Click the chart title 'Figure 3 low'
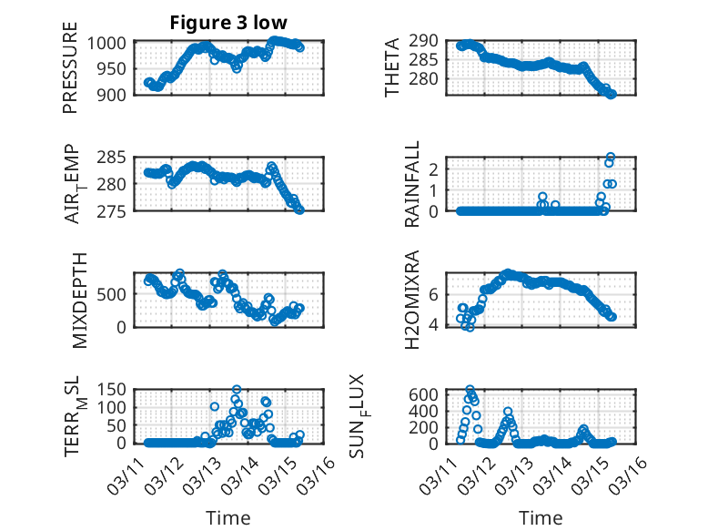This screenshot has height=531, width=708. pyautogui.click(x=229, y=24)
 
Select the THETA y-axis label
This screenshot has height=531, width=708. pyautogui.click(x=392, y=68)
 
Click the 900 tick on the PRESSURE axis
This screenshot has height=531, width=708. pyautogui.click(x=116, y=94)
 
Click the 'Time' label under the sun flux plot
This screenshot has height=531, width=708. pyautogui.click(x=541, y=517)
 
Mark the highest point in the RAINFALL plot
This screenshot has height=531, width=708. pyautogui.click(x=610, y=157)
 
